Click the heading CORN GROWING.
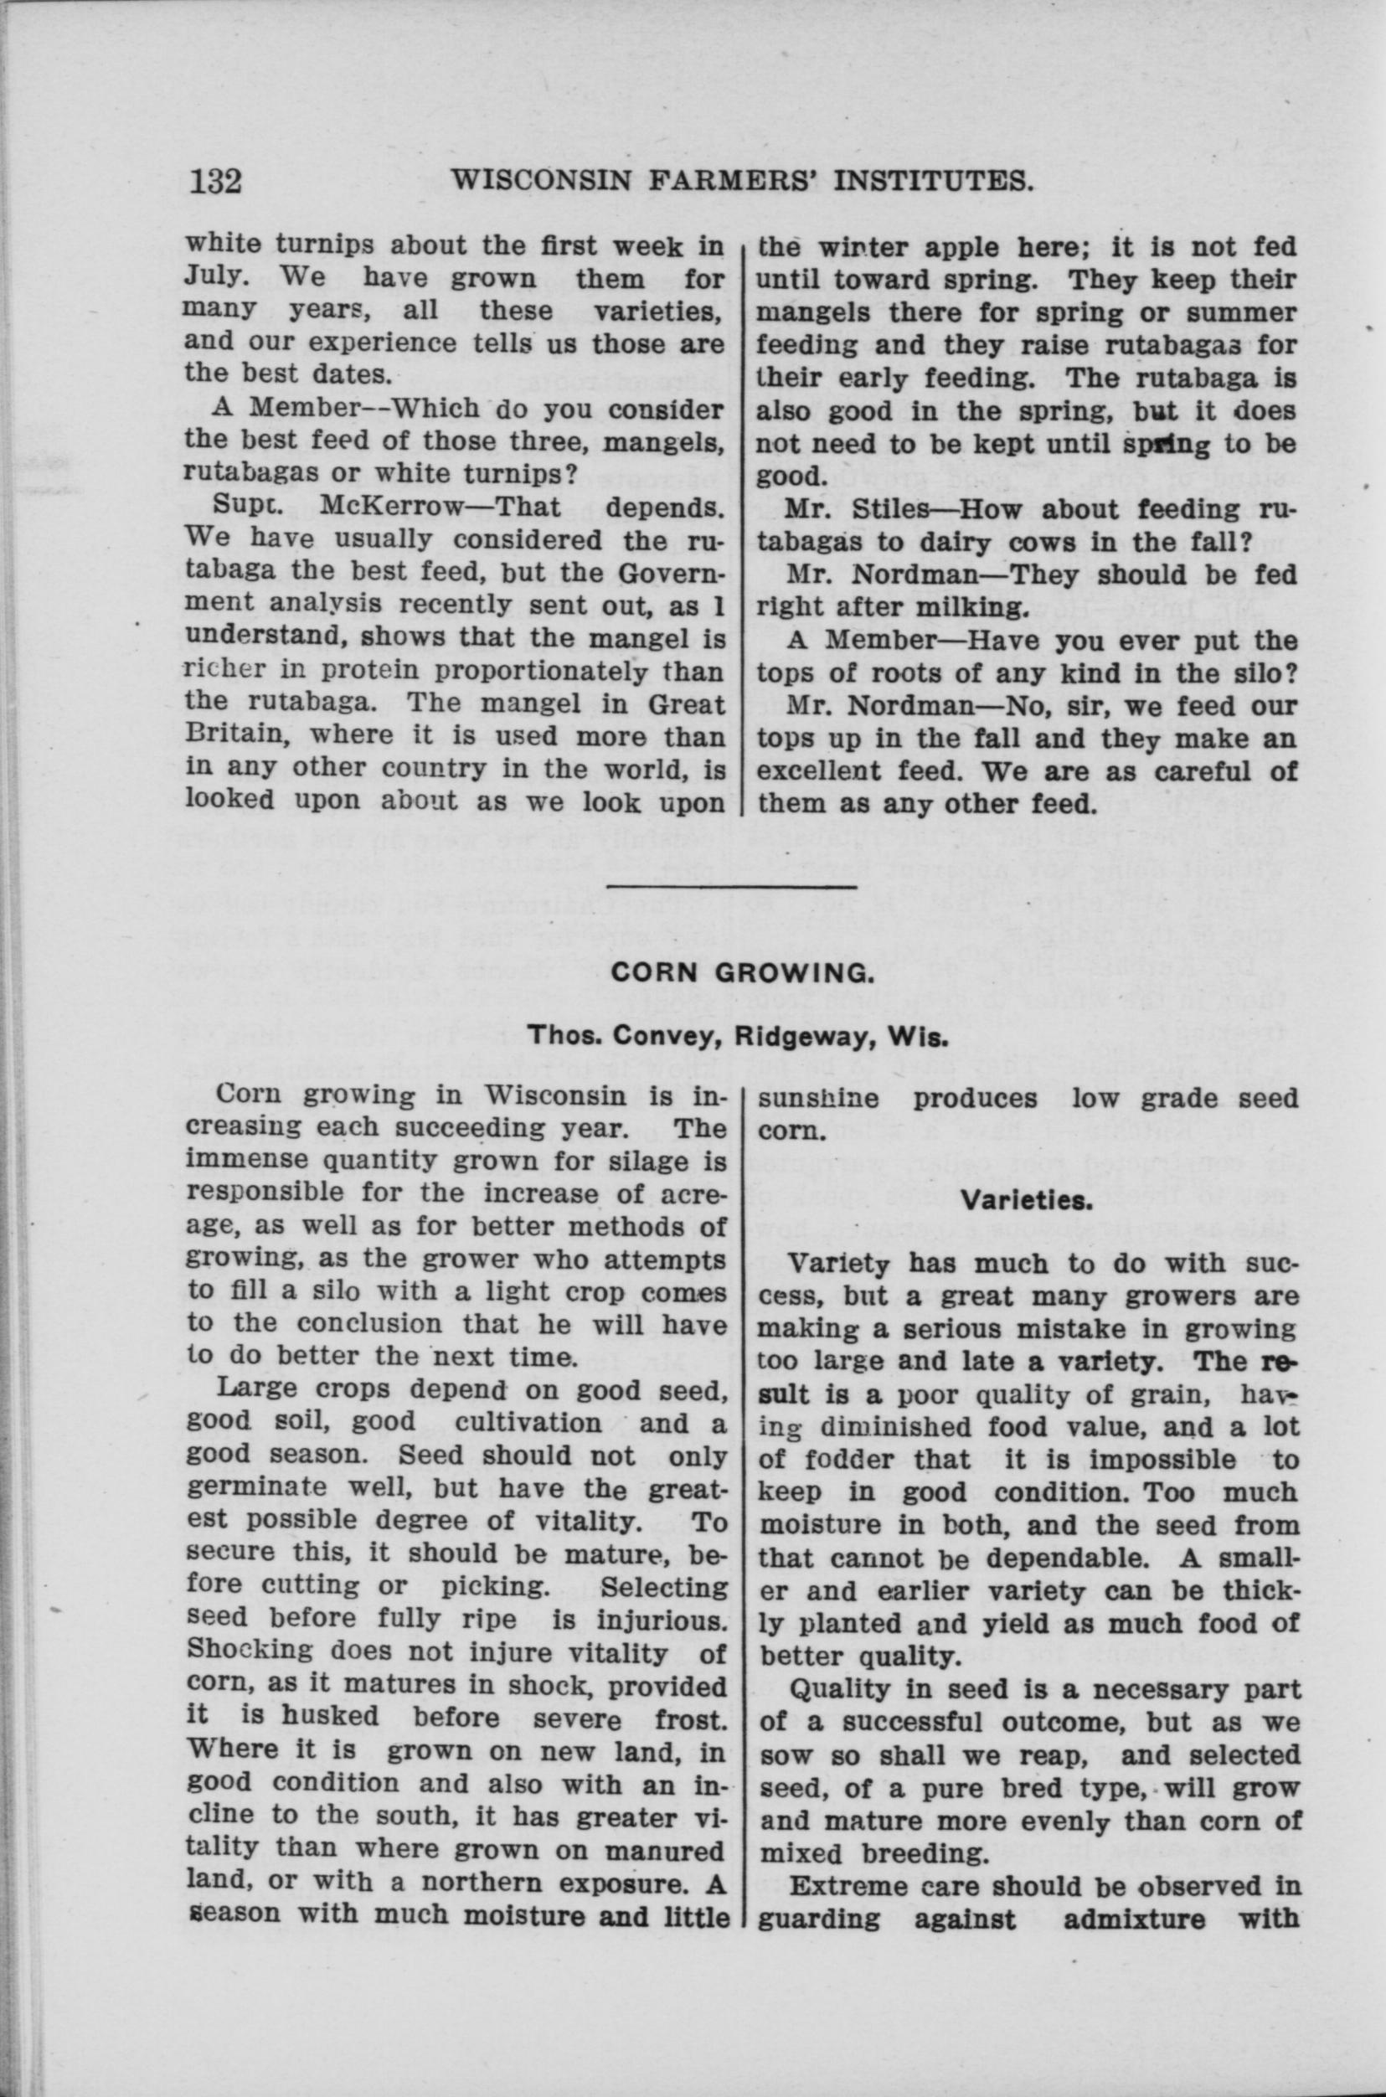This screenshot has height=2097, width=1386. coord(743,973)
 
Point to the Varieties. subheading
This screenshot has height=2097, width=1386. coord(1023,1200)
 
